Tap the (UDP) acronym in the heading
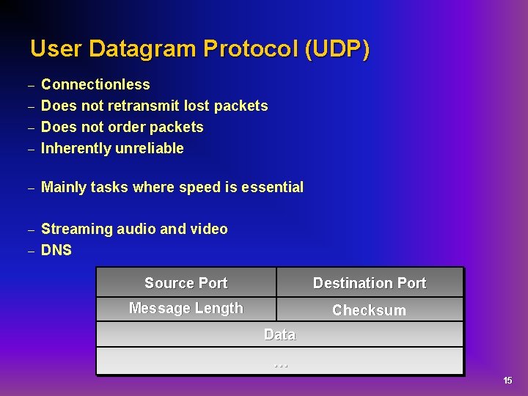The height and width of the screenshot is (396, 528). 337,49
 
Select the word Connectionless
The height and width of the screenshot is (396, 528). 95,84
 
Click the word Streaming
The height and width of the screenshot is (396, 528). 73,229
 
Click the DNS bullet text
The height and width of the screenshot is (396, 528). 56,250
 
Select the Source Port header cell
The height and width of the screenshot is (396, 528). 186,283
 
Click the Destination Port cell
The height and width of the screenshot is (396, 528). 369,283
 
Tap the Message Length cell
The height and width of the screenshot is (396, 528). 186,308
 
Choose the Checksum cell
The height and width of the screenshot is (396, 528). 369,310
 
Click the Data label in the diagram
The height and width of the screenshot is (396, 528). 279,334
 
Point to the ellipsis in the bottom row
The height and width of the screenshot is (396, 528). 279,362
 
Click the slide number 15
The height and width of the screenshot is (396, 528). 507,381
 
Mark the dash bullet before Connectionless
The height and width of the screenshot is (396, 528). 31,86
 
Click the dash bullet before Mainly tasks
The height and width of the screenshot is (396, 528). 31,188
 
